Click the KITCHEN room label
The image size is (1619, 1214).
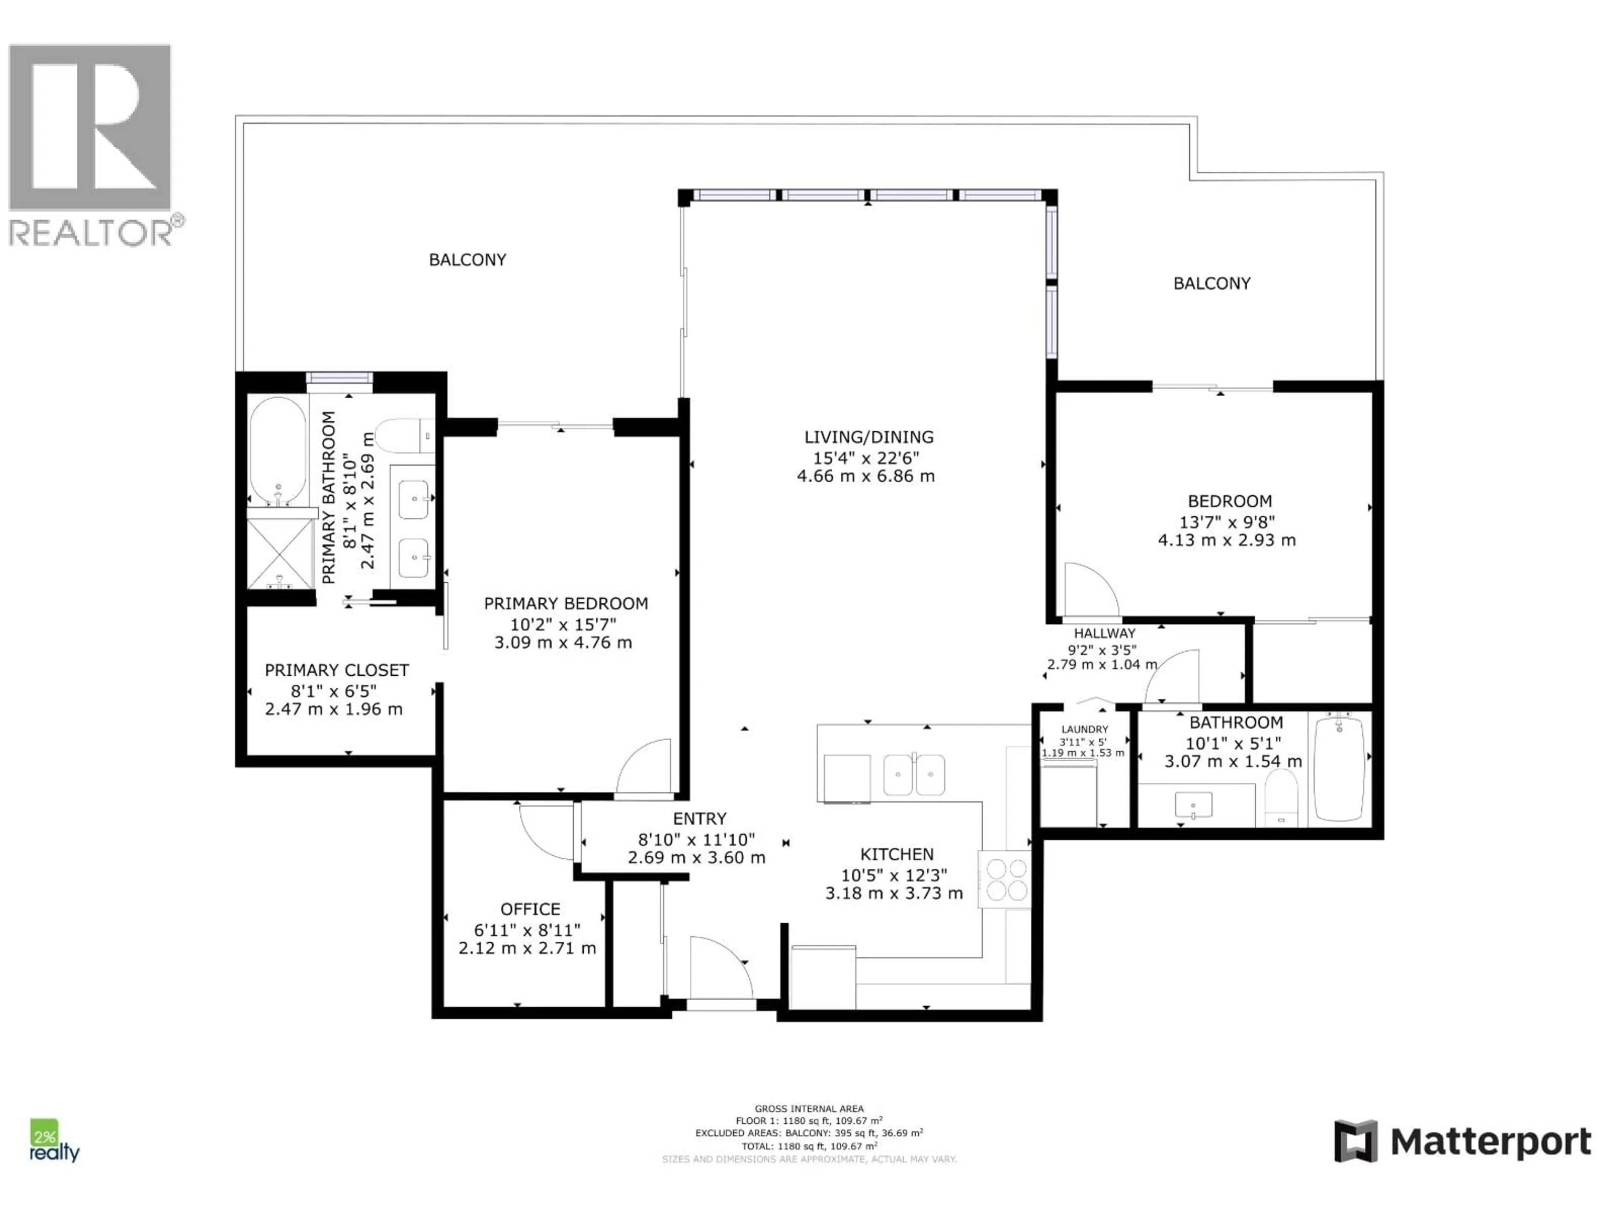click(897, 854)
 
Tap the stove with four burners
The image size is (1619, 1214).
click(1006, 880)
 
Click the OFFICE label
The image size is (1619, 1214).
click(530, 909)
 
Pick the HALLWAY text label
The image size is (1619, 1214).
click(1105, 634)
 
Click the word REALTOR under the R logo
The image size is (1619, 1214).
click(91, 233)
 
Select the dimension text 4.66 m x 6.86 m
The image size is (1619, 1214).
click(866, 476)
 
